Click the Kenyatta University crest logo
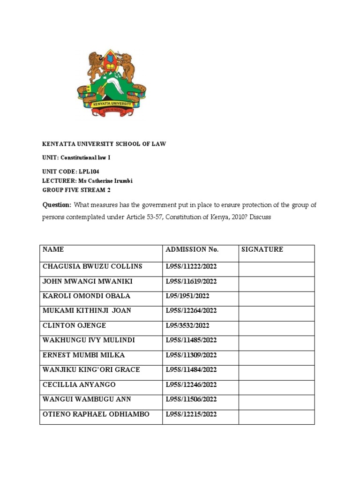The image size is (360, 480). click(x=112, y=83)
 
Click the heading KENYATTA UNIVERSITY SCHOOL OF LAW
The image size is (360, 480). click(x=104, y=144)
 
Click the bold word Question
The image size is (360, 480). click(x=56, y=205)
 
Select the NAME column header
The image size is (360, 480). click(x=53, y=249)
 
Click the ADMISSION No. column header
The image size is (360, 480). click(x=192, y=249)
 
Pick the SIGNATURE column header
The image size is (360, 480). click(x=262, y=249)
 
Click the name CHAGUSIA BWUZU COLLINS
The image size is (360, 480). click(x=92, y=266)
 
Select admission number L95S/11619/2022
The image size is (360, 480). click(x=191, y=281)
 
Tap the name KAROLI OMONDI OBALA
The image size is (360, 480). click(x=86, y=296)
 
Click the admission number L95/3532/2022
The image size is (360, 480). click(x=187, y=325)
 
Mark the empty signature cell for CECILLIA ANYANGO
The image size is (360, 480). click(x=276, y=385)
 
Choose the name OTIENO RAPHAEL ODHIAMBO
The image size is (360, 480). click(x=96, y=414)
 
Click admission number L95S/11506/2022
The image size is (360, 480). click(x=191, y=399)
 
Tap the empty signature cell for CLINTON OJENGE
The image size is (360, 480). click(x=276, y=326)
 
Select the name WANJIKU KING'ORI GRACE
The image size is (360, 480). click(x=91, y=370)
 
